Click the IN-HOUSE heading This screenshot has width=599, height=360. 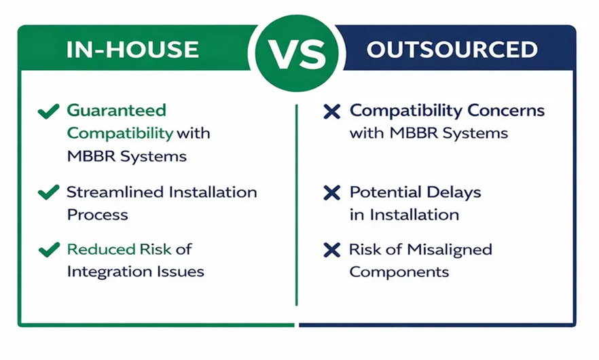tap(132, 50)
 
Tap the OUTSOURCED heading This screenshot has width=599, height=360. tap(452, 50)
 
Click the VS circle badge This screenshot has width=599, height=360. tap(297, 54)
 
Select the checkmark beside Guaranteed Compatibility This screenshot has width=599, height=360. tap(48, 111)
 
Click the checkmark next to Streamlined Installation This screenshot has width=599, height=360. tap(48, 192)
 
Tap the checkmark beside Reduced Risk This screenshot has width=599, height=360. tap(49, 250)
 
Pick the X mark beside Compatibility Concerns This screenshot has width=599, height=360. tap(331, 111)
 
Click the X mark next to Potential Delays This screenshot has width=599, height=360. tap(331, 193)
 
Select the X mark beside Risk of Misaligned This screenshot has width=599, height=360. tap(331, 250)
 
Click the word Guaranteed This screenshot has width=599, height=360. tap(117, 111)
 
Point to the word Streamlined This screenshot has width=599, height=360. tap(115, 192)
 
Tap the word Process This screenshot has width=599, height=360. tap(97, 215)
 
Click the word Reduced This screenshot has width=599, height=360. tap(101, 249)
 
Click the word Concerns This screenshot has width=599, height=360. tap(506, 111)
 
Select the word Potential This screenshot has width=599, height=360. tap(386, 192)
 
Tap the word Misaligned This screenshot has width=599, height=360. tap(450, 250)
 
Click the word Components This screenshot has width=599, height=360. tap(399, 272)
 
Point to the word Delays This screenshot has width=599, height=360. tap(454, 192)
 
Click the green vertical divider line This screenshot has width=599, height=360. tap(296, 205)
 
